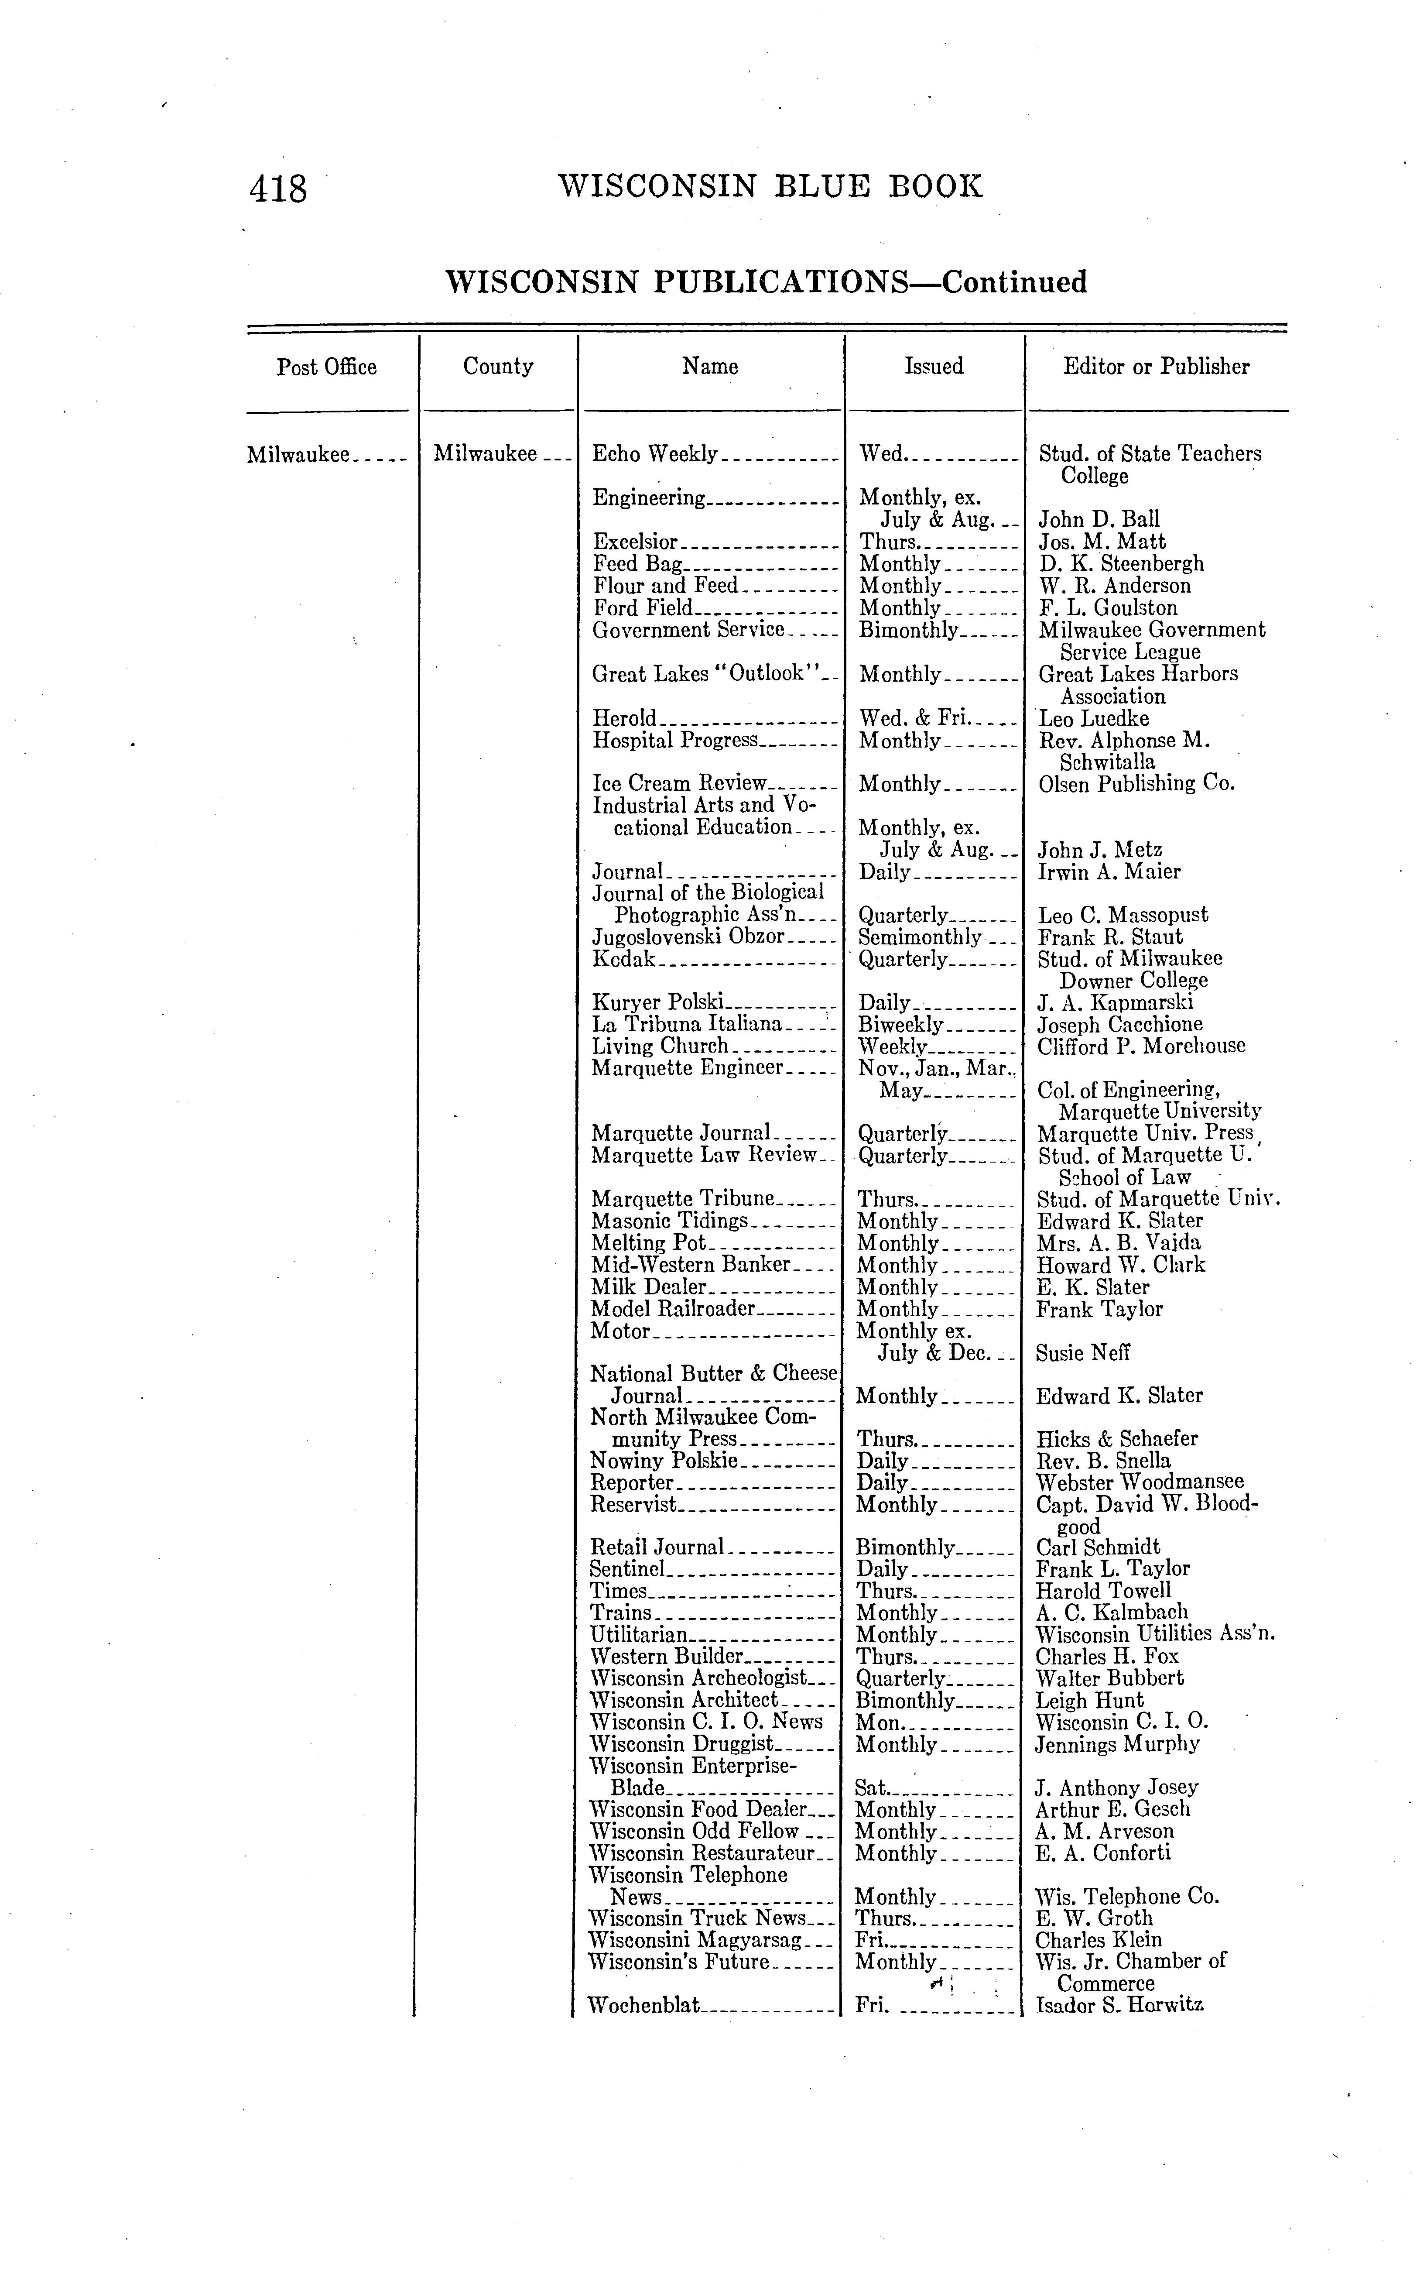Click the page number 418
pos(278,189)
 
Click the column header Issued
pos(934,367)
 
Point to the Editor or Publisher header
pos(1156,367)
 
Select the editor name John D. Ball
pos(1099,519)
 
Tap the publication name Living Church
pos(660,1046)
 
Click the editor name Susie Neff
pos(1082,1353)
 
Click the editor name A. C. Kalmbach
pos(1112,1612)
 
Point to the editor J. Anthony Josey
pos(1116,1788)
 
